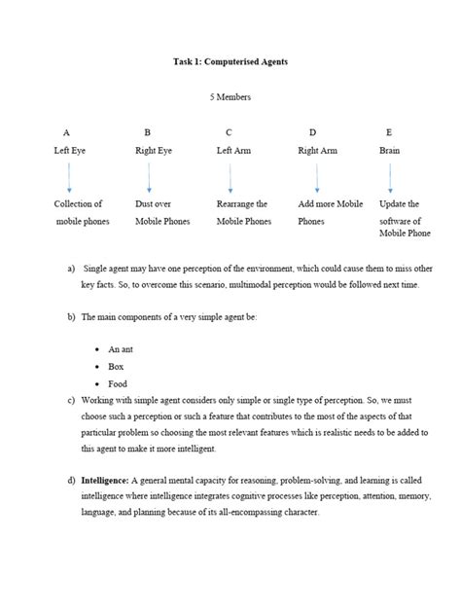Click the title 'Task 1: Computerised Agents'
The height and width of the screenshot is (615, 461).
[230, 62]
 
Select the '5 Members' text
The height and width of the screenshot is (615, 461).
[230, 98]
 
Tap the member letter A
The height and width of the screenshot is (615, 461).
[66, 132]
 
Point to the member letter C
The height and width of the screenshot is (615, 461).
[229, 132]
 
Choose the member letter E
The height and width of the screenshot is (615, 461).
[389, 132]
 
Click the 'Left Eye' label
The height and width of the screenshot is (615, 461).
[70, 151]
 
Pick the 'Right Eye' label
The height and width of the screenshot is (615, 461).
[153, 151]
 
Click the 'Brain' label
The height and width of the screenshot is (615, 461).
[389, 151]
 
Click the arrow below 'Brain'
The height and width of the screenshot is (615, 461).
[390, 177]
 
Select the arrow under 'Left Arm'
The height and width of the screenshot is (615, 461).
[230, 177]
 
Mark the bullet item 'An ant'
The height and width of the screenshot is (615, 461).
[121, 348]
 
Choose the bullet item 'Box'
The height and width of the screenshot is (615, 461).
[117, 366]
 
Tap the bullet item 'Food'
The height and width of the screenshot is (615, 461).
[118, 383]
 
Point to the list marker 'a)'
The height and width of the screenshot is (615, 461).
[71, 267]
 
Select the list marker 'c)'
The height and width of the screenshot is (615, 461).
[71, 401]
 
